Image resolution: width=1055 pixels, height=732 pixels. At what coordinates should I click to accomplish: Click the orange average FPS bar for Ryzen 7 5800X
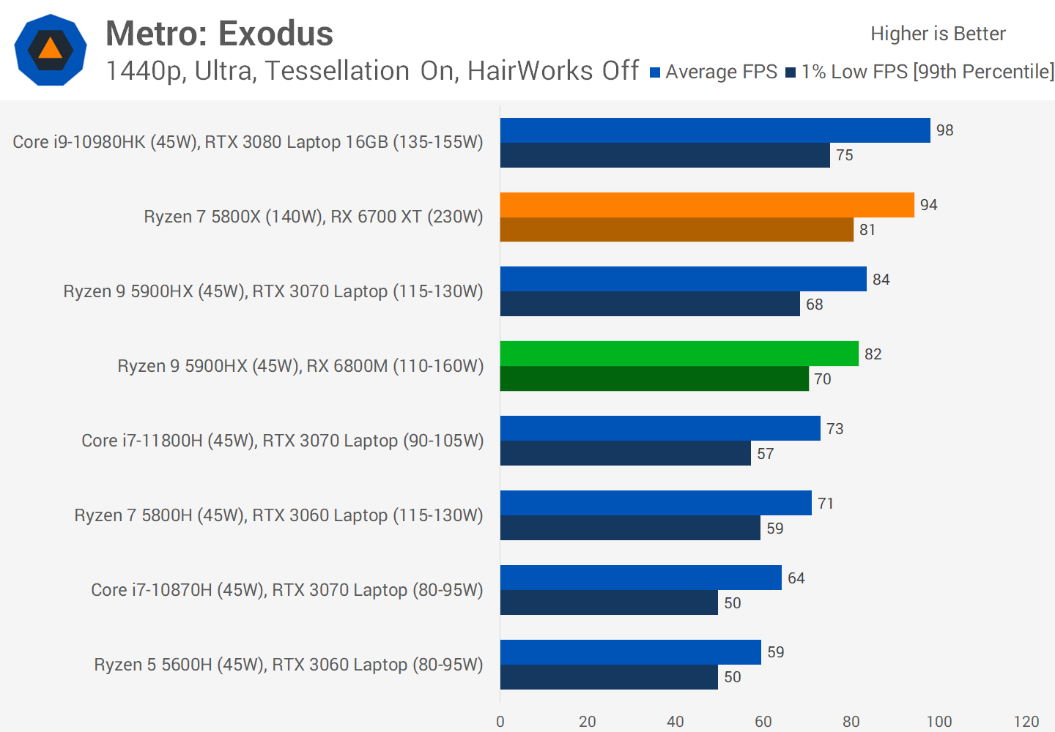coord(707,205)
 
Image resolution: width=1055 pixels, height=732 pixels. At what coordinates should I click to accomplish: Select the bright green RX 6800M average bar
coord(679,354)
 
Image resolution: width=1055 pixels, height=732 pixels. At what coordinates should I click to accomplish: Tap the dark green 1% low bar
coord(654,378)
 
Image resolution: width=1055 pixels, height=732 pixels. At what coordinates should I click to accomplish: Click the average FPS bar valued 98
coord(715,130)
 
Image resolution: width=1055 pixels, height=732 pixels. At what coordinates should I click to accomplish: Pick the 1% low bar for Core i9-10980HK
coord(665,155)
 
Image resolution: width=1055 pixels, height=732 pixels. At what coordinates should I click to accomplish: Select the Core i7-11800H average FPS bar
coord(660,428)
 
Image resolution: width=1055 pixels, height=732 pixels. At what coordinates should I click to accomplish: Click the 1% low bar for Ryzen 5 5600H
coord(609,677)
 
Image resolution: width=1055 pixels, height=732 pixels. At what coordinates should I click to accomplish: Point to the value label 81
coord(867,230)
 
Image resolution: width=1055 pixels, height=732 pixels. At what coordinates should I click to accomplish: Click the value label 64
coord(796,578)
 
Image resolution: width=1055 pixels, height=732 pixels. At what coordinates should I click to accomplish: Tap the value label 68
coord(815,305)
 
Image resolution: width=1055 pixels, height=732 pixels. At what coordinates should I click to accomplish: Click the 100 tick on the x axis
coord(939,722)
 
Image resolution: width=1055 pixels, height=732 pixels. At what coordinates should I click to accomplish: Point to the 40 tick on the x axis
coord(675,722)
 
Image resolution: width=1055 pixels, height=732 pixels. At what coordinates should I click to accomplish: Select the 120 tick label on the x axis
coord(1026,722)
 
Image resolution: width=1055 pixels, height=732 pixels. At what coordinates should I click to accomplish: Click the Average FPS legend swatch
coord(655,72)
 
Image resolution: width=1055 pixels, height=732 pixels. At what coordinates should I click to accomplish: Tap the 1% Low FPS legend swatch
coord(791,72)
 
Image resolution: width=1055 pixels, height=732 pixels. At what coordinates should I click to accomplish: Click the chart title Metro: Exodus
coord(219,34)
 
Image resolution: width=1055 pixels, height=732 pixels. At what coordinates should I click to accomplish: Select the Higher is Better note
coord(938,34)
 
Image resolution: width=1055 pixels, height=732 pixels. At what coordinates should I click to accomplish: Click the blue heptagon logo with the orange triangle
coord(51,50)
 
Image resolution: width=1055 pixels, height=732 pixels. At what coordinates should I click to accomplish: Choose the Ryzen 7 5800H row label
coord(278,515)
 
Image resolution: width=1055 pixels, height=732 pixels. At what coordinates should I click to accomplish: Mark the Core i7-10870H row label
coord(286,590)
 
